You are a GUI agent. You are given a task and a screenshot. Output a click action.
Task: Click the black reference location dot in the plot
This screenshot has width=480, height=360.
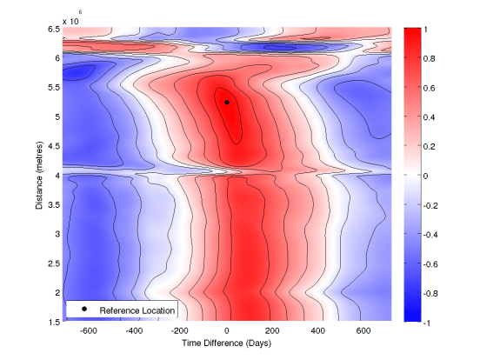pos(227,102)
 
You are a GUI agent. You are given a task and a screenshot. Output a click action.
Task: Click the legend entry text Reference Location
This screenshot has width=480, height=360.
pos(137,310)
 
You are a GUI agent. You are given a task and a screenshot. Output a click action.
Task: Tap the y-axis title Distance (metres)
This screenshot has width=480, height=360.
pos(42,175)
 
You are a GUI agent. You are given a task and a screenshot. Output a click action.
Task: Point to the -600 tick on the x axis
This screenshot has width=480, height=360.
pos(88,331)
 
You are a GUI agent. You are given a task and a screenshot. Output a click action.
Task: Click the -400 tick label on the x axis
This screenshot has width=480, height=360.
pos(134,331)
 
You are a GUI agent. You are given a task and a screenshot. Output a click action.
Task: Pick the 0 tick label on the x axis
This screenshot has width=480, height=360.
pos(227,331)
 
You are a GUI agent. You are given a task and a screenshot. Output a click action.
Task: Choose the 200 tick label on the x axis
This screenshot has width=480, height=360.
pos(273,331)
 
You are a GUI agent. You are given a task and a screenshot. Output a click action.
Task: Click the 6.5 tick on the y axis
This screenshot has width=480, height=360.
pos(53,29)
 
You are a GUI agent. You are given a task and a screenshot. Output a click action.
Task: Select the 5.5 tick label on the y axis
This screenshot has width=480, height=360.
pos(53,88)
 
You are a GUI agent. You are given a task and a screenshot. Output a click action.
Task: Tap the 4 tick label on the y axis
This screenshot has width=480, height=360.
pos(57,175)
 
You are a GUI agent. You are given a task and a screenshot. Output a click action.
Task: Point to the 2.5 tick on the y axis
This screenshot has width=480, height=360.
pos(53,263)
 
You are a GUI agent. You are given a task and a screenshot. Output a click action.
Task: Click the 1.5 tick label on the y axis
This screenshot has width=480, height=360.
pos(53,322)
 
